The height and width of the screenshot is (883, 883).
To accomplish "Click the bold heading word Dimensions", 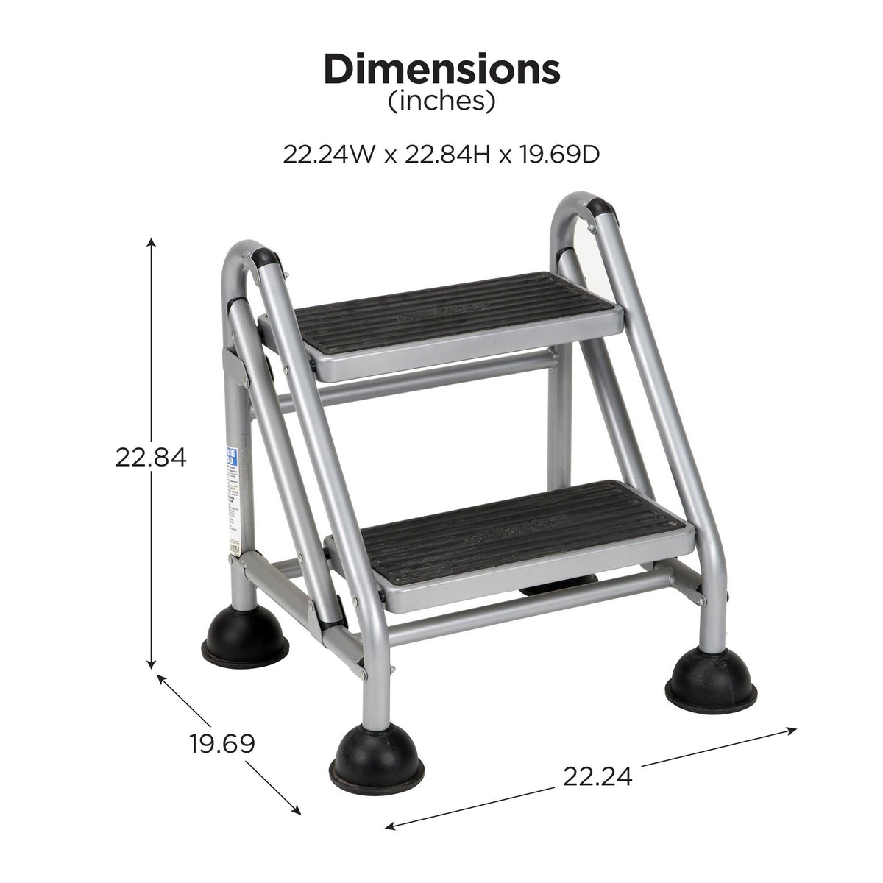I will point(441,70).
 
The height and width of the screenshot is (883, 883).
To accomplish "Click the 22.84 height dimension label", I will point(151,458).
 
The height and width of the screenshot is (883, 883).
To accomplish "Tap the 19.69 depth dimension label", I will point(222,743).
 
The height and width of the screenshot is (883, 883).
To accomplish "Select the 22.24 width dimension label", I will point(597,776).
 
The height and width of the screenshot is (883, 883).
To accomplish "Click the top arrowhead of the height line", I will point(152,241).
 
